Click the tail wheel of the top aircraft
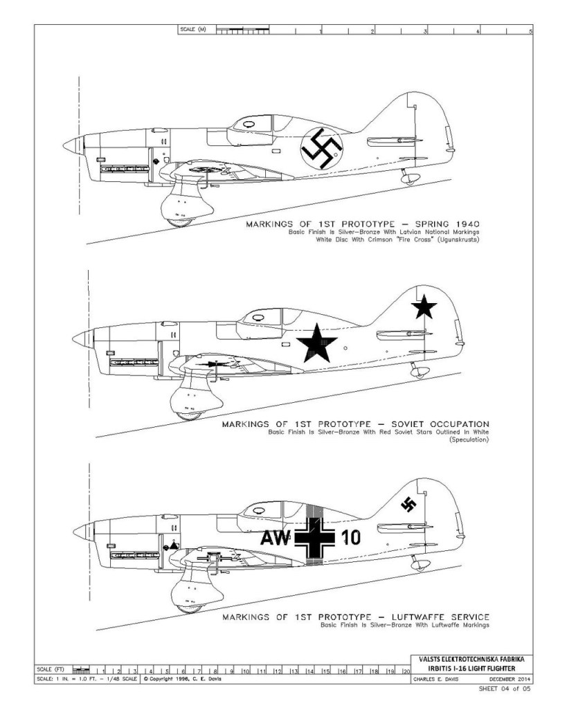(410, 180)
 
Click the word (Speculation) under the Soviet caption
(469, 440)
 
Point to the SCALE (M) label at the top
(192, 30)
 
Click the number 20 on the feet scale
(406, 671)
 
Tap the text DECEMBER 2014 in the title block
(509, 678)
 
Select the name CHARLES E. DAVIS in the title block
(438, 678)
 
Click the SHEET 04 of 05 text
(506, 689)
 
